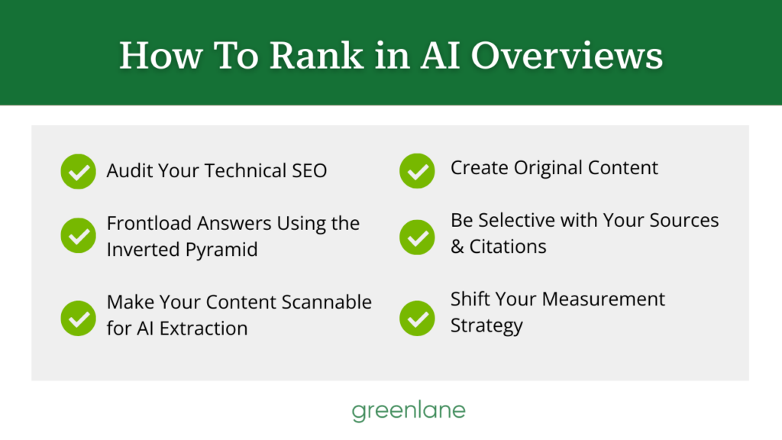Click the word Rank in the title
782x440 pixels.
[x=317, y=55]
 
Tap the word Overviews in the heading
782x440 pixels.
[x=567, y=55]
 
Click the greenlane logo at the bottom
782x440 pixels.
[x=409, y=411]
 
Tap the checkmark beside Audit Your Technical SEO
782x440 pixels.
[x=79, y=171]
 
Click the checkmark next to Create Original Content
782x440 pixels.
[x=417, y=171]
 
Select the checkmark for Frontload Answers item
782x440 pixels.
[x=79, y=235]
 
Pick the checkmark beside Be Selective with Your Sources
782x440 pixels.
[x=417, y=237]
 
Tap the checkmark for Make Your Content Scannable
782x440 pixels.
[x=79, y=319]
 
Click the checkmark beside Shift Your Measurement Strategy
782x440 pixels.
[x=417, y=319]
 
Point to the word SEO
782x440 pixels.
[x=309, y=170]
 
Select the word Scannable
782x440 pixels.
[x=326, y=302]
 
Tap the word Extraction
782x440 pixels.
[x=203, y=328]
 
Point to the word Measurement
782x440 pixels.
[x=603, y=299]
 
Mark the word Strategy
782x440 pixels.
[x=486, y=326]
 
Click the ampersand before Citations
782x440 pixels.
[x=457, y=247]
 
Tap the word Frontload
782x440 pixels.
[x=149, y=223]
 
